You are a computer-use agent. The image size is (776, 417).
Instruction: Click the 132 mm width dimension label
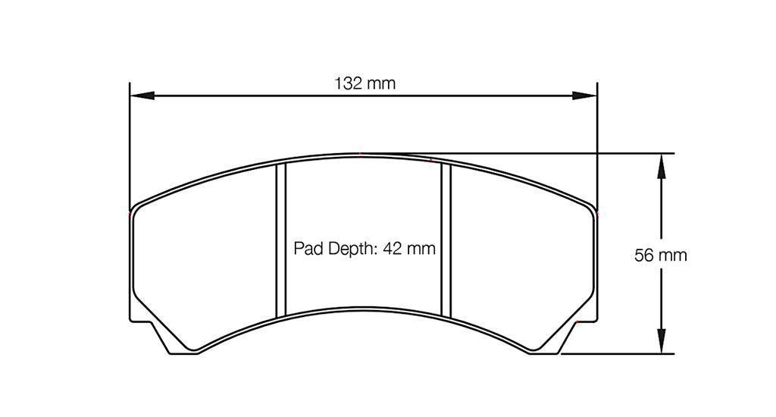[365, 83]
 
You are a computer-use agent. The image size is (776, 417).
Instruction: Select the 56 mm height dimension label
[660, 256]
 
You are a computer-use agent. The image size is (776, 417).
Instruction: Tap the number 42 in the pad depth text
[394, 248]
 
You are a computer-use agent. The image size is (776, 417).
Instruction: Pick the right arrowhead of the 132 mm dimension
[584, 96]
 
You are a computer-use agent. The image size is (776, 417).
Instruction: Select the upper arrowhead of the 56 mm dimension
[662, 166]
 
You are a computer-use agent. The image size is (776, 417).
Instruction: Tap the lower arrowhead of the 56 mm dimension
[662, 340]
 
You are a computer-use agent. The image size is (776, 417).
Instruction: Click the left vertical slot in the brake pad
[280, 240]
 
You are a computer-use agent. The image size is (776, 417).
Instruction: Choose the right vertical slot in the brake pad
[446, 240]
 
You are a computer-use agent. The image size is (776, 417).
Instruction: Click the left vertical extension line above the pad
[130, 144]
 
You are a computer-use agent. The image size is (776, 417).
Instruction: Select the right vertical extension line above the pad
[597, 144]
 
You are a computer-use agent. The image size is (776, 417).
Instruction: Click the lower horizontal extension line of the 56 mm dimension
[621, 353]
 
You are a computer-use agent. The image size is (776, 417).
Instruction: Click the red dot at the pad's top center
[361, 154]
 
